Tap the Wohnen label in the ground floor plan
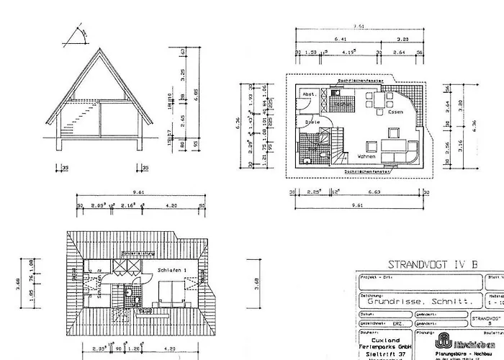click(x=366, y=156)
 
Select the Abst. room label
click(x=307, y=94)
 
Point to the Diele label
click(x=312, y=123)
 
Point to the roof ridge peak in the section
click(x=99, y=49)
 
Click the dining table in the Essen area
click(x=376, y=102)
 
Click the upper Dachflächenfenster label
click(x=356, y=80)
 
